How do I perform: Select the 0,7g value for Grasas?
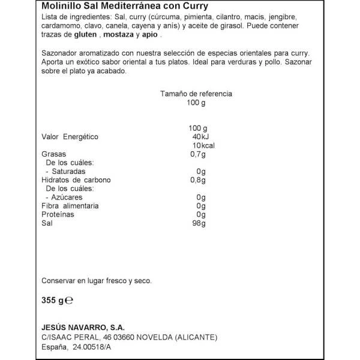(197, 154)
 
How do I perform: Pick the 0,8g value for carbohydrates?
(197, 180)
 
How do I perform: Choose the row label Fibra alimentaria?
(70, 206)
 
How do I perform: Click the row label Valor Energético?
(69, 137)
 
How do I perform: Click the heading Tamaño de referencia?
(196, 94)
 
